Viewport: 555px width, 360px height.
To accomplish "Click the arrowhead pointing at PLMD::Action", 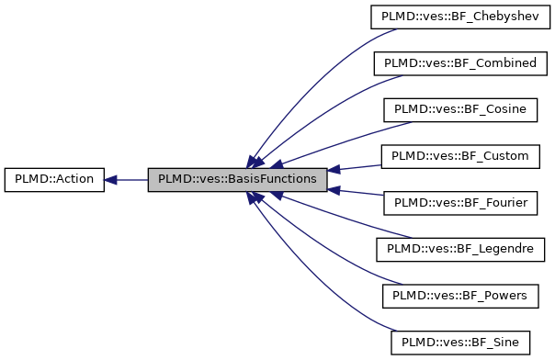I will pos(109,180).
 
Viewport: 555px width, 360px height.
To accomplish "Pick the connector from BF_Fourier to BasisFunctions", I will pos(358,194).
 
